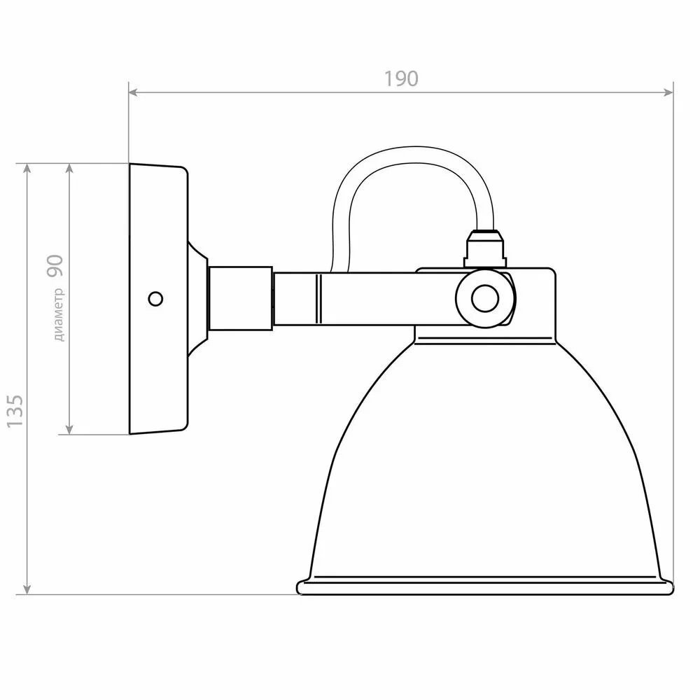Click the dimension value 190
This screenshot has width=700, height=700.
[401, 79]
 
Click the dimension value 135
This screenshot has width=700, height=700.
[15, 410]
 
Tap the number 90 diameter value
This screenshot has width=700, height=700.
[55, 266]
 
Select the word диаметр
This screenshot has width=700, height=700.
[59, 315]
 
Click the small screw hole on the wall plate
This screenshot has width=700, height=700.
[155, 299]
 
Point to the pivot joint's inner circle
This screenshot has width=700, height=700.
[485, 299]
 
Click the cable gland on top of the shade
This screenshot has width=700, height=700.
[484, 248]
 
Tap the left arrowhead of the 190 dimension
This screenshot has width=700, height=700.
[133, 92]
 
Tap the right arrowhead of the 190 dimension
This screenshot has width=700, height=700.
[668, 92]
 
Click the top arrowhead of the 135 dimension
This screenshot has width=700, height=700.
[27, 168]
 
